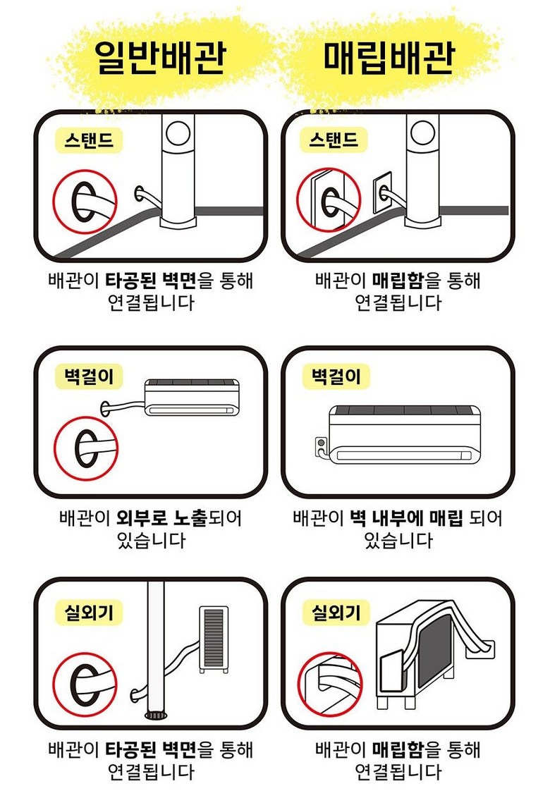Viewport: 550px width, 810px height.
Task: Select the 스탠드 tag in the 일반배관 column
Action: pyautogui.click(x=89, y=140)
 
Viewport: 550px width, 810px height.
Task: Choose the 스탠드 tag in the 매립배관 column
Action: pyautogui.click(x=334, y=140)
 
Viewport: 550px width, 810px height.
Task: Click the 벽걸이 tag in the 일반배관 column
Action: pyautogui.click(x=89, y=376)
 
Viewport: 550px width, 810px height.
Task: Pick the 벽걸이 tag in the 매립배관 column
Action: pyautogui.click(x=336, y=376)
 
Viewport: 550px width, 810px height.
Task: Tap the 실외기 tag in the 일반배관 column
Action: pyautogui.click(x=89, y=613)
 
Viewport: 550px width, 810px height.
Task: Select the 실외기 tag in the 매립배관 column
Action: pyautogui.click(x=336, y=613)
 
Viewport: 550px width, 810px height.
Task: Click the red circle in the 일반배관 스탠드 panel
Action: pyautogui.click(x=54, y=202)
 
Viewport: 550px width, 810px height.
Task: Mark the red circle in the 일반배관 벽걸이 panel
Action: pyautogui.click(x=55, y=448)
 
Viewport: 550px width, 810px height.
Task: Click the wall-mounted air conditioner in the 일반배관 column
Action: pyautogui.click(x=192, y=398)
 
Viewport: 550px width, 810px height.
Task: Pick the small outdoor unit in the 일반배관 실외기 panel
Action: pyautogui.click(x=214, y=639)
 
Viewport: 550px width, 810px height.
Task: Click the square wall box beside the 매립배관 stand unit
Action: pyautogui.click(x=382, y=193)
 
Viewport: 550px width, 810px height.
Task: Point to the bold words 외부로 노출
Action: pyautogui.click(x=161, y=517)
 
